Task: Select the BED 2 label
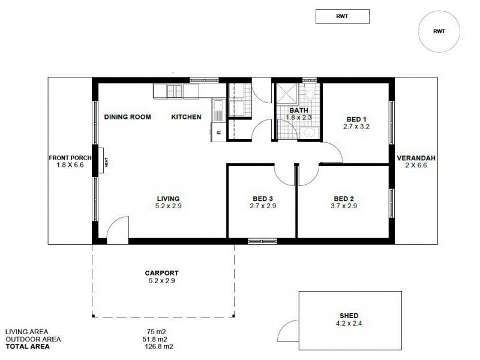pos(345,199)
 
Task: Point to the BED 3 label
pos(262,199)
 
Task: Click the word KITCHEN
pos(187,117)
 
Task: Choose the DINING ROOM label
pos(127,117)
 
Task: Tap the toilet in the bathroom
pos(311,94)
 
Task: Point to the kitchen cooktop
pos(175,91)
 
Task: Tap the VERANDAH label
pos(416,158)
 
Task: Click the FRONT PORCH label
pos(70,158)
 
